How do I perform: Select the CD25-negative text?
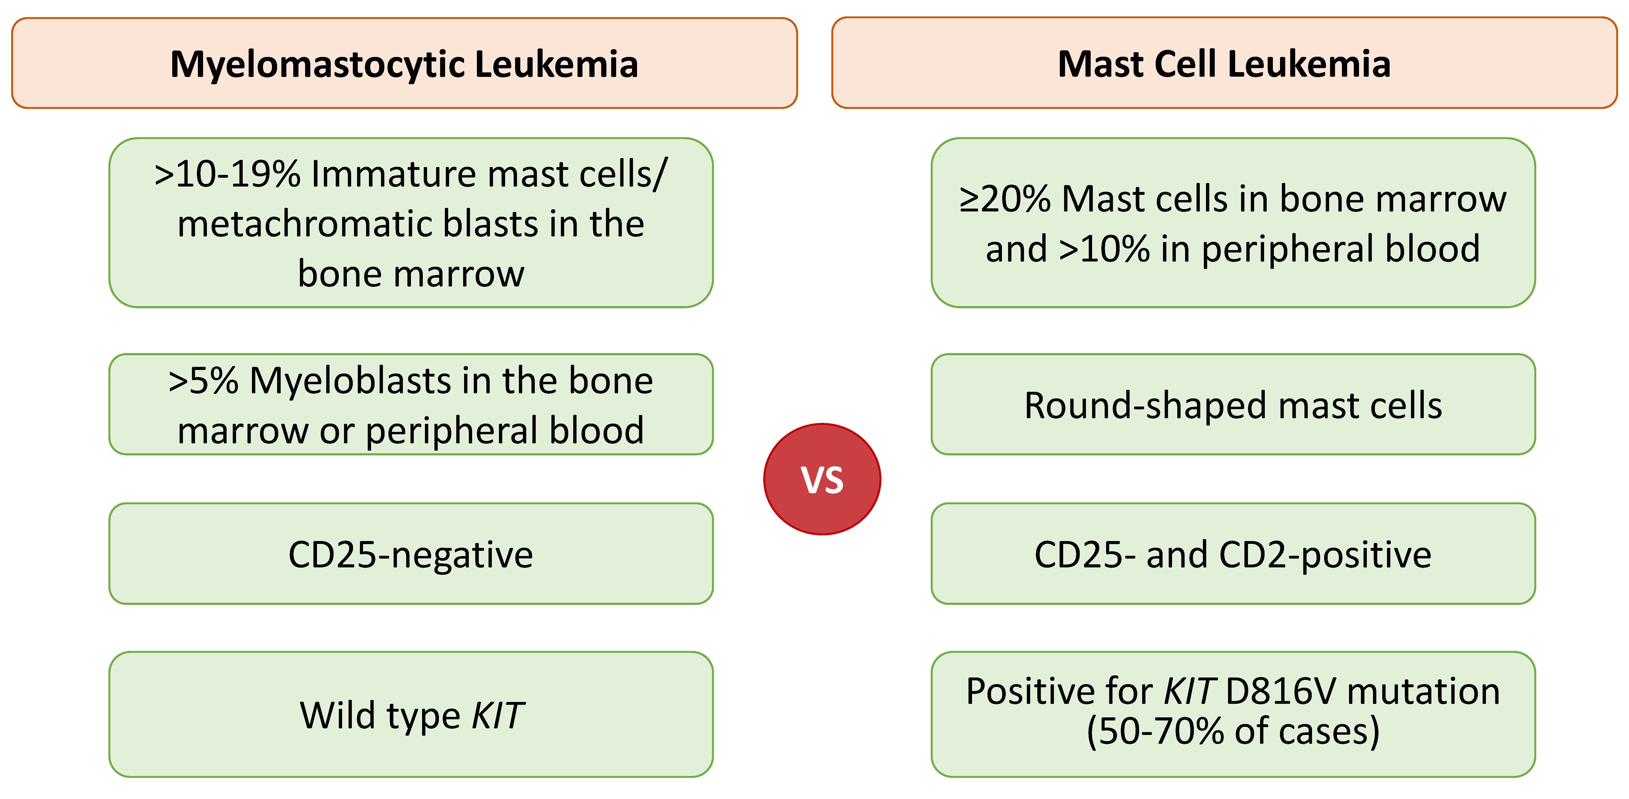410,555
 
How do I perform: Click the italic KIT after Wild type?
498,715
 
